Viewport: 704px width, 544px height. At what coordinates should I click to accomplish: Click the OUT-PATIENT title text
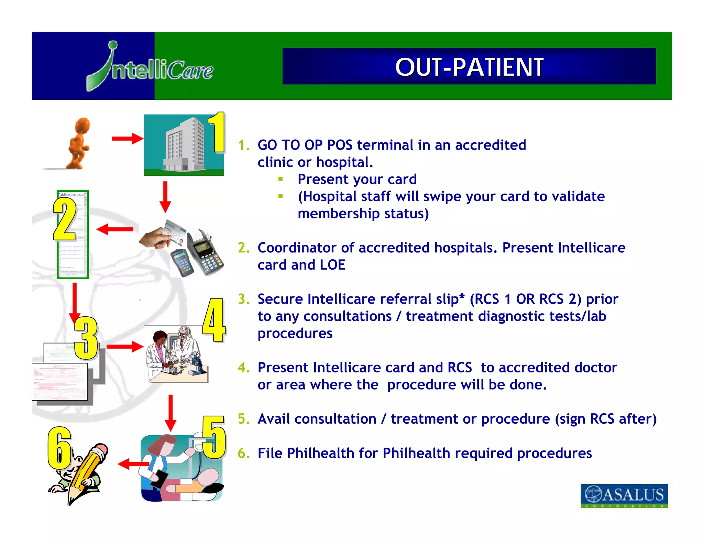click(469, 67)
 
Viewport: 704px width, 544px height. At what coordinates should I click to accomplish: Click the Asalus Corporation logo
click(624, 496)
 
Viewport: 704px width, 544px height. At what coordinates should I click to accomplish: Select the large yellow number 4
click(214, 320)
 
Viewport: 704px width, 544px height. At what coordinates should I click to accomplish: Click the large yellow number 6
click(59, 448)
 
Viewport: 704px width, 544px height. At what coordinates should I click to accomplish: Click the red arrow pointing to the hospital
click(127, 139)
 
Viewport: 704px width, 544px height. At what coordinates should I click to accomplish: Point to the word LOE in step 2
click(332, 265)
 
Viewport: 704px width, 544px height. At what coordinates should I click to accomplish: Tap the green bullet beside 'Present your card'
click(281, 179)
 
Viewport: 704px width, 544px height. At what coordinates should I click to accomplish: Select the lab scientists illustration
click(176, 354)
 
